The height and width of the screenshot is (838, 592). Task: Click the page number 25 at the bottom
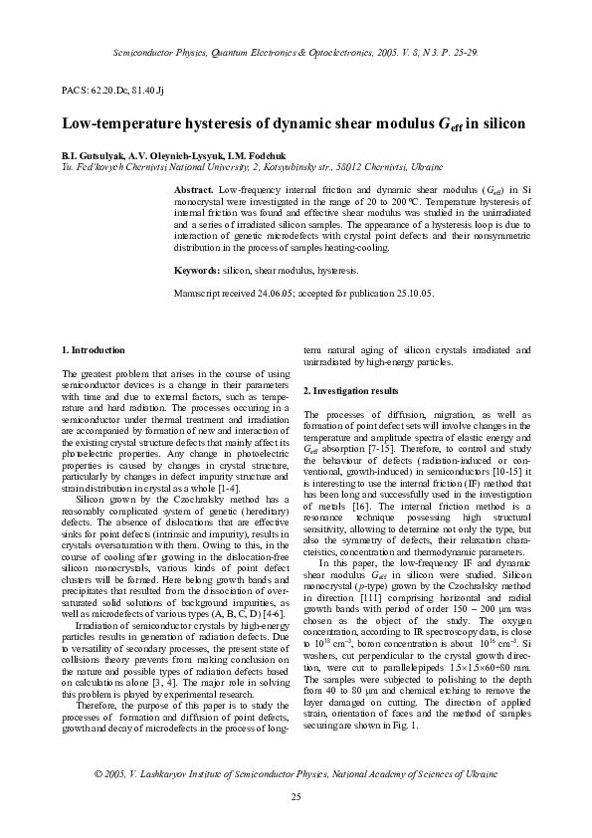[296, 797]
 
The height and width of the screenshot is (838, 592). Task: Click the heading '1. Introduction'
[94, 350]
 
